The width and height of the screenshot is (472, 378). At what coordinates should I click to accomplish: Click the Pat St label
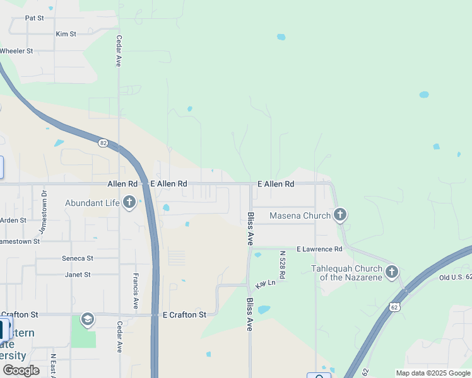[34, 18]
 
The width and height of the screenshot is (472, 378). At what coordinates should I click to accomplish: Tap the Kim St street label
[66, 34]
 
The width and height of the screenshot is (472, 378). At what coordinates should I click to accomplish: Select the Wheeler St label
[16, 50]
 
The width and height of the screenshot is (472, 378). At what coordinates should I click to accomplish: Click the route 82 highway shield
[103, 143]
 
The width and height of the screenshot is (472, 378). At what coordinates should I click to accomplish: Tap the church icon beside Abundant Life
[129, 203]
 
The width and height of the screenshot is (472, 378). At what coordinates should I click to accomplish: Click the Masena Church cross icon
[340, 215]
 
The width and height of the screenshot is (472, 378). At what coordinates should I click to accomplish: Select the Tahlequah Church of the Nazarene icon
[392, 272]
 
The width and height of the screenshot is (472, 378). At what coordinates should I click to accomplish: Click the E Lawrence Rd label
[319, 249]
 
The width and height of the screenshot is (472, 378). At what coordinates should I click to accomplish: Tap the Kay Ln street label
[266, 284]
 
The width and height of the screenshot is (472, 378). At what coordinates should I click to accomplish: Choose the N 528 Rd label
[282, 265]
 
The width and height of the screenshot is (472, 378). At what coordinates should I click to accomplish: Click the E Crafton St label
[184, 314]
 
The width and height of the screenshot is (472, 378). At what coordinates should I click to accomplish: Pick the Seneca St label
[77, 258]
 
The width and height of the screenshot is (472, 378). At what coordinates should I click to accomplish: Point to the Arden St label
[13, 220]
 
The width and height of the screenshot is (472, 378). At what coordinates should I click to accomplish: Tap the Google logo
[21, 370]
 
